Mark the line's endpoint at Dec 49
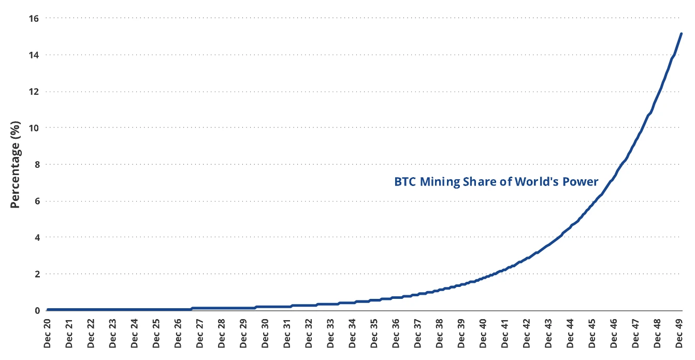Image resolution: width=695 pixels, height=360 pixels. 681,34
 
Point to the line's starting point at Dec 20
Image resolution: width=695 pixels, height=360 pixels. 48,310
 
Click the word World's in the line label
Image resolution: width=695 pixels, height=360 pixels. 540,182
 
